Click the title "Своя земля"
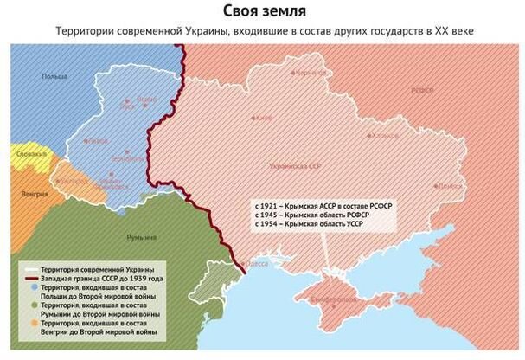[x=262, y=11]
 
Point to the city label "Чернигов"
[x=313, y=74]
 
